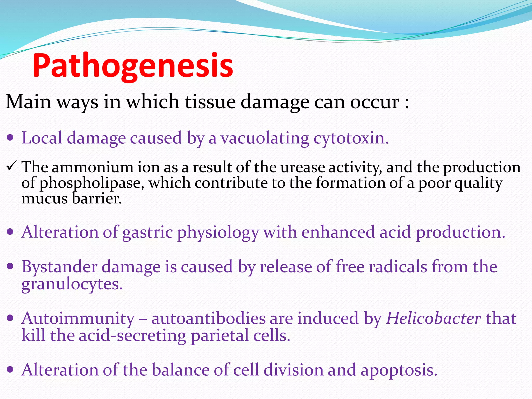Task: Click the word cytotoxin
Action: (x=351, y=138)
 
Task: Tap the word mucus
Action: (x=44, y=199)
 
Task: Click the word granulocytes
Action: (x=72, y=284)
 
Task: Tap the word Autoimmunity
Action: (x=78, y=318)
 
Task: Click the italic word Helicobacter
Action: (x=434, y=318)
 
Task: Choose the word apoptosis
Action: (x=399, y=370)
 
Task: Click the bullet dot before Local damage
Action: (x=10, y=137)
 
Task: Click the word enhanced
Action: (x=338, y=232)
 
